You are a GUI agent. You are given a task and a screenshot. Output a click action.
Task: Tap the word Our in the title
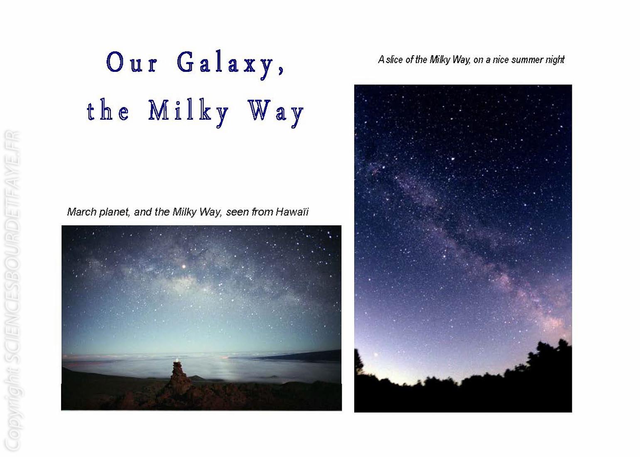coord(132,62)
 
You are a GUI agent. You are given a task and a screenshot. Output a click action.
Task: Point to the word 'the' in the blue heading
coord(108,111)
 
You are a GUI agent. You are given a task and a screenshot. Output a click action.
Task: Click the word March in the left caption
coord(82,212)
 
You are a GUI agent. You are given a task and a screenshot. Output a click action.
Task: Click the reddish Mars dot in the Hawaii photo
coord(184,266)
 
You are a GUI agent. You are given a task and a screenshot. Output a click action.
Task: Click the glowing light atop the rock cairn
coord(177,360)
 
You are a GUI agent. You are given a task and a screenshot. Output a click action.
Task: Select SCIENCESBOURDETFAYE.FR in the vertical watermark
coord(12,246)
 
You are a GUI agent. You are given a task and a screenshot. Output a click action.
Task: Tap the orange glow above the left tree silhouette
coord(375,355)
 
